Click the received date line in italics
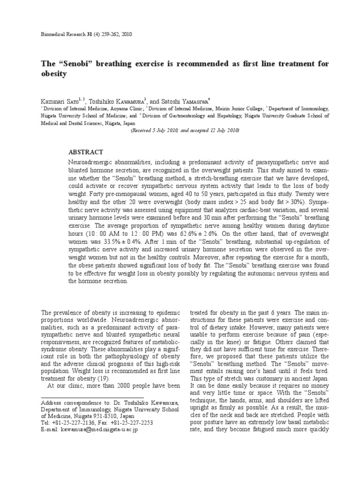(185, 131)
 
